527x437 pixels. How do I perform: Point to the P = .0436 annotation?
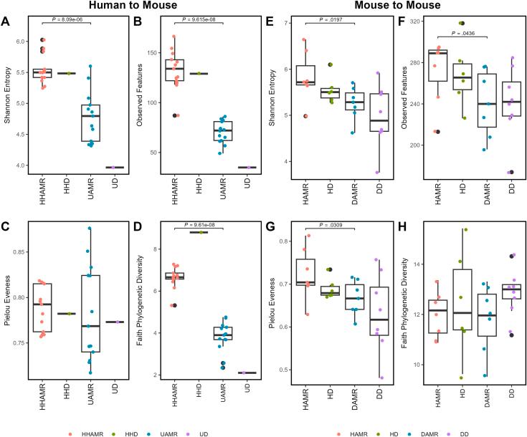tap(472, 32)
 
